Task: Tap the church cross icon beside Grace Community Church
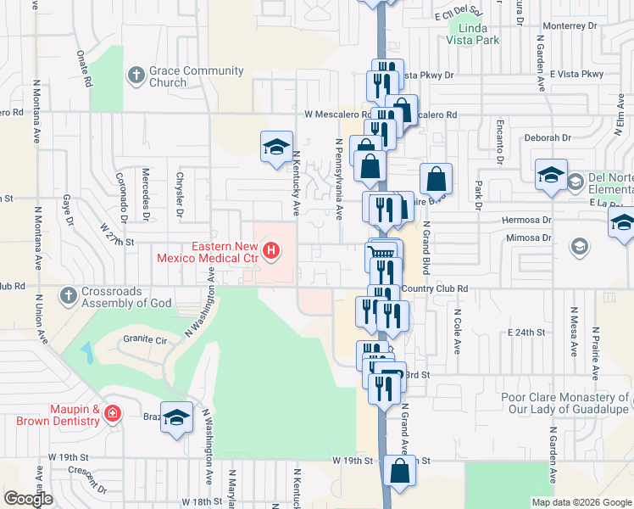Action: tap(135, 76)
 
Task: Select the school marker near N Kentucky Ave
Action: tap(276, 148)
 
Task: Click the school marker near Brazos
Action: tap(176, 418)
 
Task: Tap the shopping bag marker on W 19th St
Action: tap(398, 472)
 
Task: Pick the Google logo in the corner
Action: tap(29, 499)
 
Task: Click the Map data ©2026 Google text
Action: tap(581, 502)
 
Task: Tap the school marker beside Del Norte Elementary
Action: tap(551, 176)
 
